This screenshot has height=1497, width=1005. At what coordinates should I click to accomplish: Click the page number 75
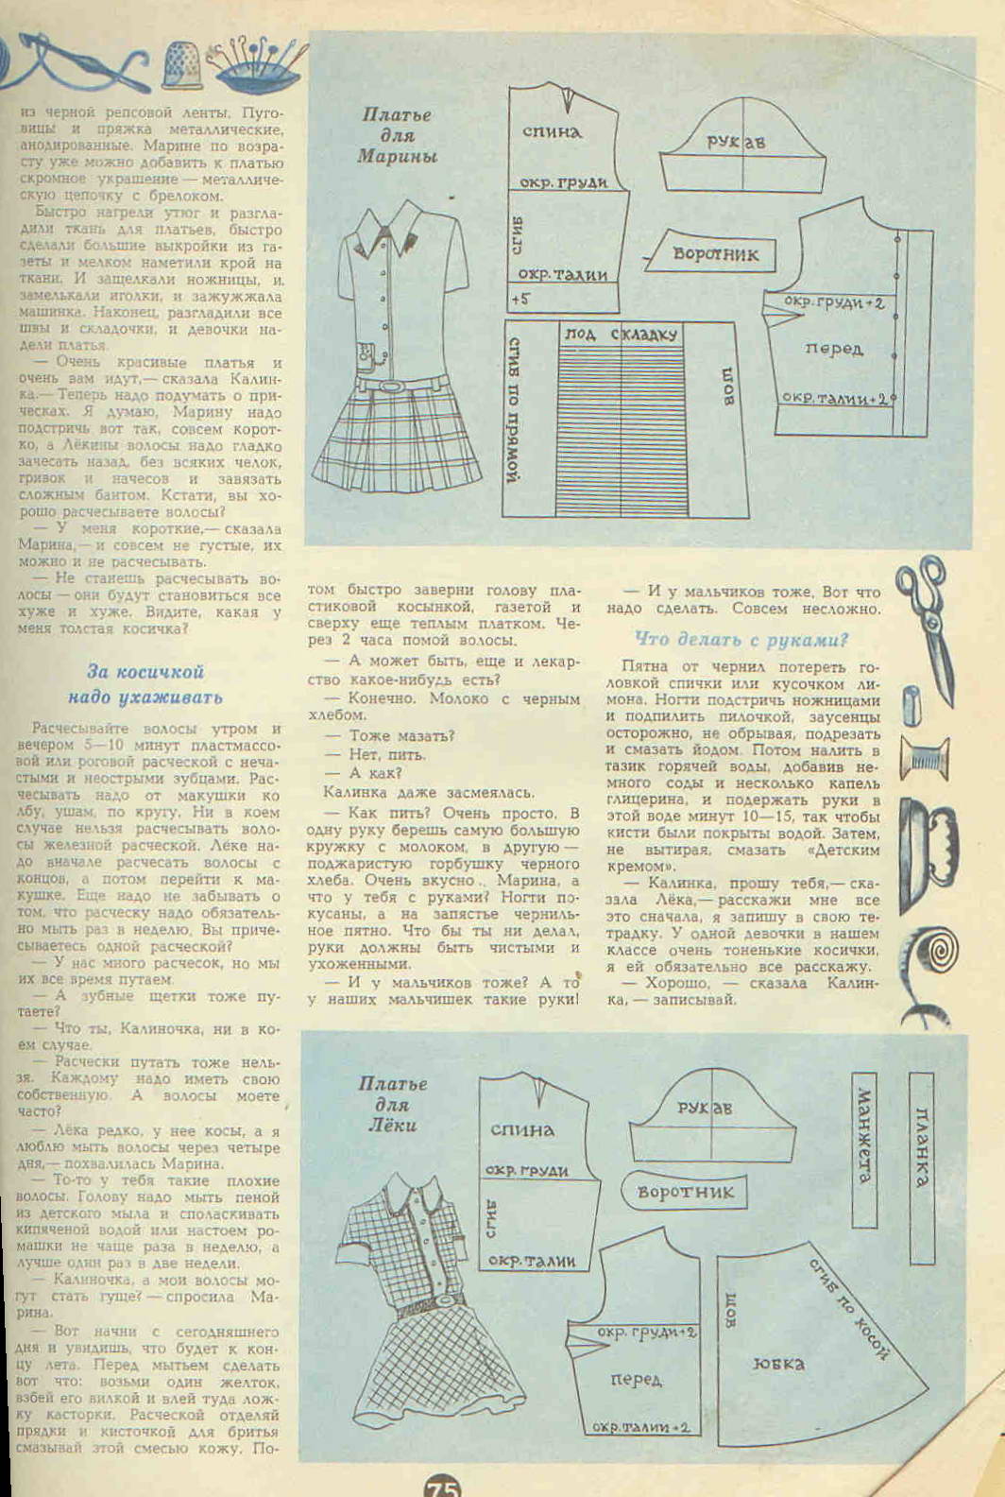[442, 1487]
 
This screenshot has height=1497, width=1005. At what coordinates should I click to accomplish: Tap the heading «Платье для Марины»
[397, 135]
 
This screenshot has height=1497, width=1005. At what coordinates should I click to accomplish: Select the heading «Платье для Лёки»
[392, 1104]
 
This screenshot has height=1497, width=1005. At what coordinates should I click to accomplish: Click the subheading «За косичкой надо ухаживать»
[145, 684]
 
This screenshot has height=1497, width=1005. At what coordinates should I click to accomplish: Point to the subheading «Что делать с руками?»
[741, 639]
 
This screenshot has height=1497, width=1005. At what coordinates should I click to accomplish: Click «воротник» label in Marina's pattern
[715, 253]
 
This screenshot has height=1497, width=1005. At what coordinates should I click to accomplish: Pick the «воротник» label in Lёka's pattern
[686, 1192]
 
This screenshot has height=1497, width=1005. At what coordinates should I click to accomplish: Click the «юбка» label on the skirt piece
[778, 1363]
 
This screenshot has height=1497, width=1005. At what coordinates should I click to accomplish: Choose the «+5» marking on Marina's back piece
[520, 299]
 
